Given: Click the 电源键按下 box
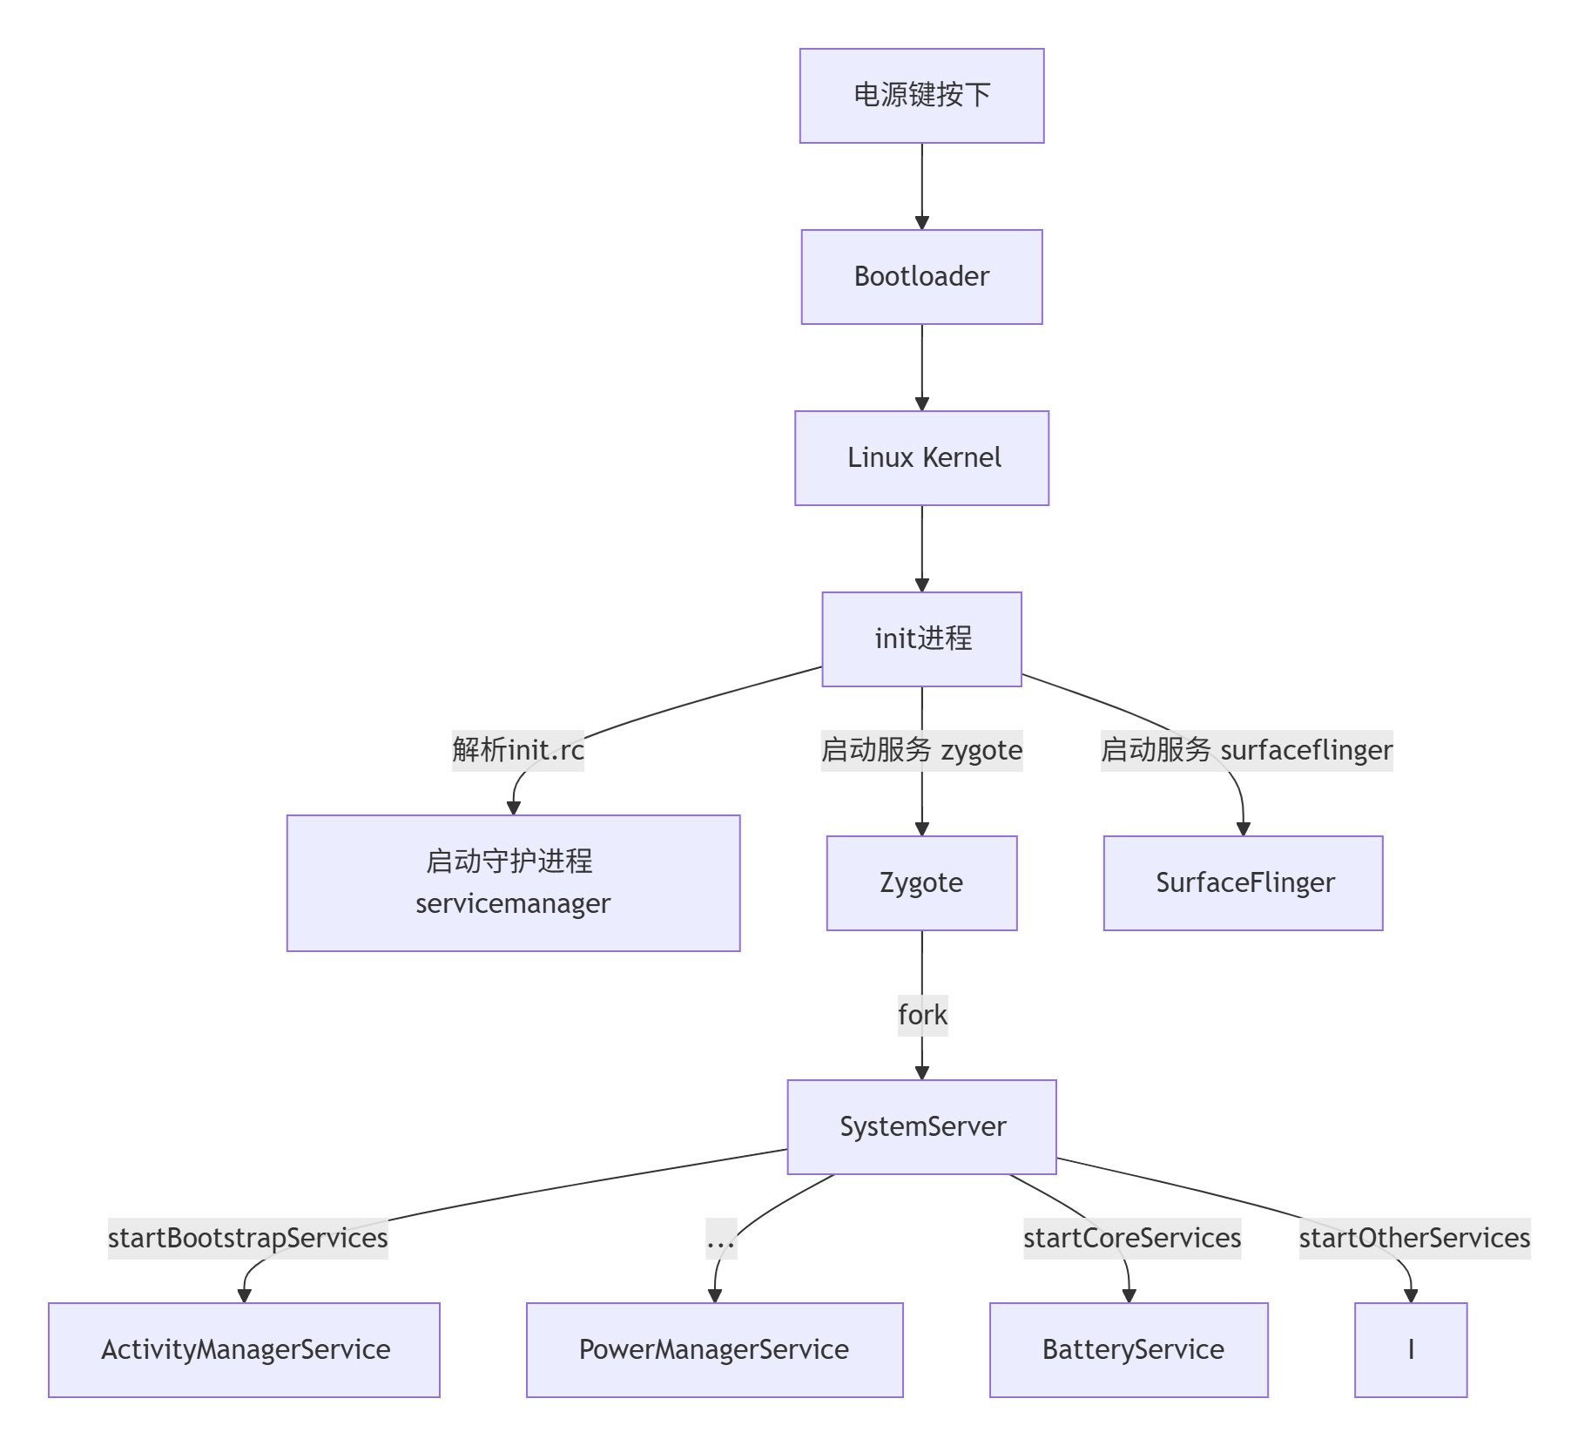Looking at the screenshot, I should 921,96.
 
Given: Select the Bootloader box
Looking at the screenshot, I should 921,277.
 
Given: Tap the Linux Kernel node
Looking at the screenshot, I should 921,458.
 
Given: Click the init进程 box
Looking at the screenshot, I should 921,639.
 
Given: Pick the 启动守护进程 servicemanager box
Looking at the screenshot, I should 513,883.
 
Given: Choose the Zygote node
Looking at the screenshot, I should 921,883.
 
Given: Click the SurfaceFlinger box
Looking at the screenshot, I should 1243,883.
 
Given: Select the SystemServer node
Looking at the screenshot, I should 921,1127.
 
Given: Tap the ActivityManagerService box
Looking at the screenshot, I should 244,1350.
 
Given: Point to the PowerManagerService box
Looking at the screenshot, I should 714,1350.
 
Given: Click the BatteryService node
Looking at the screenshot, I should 1129,1350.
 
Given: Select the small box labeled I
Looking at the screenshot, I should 1411,1350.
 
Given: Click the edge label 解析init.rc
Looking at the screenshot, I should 518,750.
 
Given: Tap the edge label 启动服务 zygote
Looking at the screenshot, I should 921,750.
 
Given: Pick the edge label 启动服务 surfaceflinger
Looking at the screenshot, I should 1246,750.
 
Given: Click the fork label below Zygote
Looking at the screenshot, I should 922,1016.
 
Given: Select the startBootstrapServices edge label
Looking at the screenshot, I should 248,1238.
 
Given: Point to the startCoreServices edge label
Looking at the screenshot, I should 1132,1238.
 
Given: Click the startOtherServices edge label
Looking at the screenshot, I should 1414,1238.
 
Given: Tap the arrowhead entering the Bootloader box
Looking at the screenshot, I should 922,223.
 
